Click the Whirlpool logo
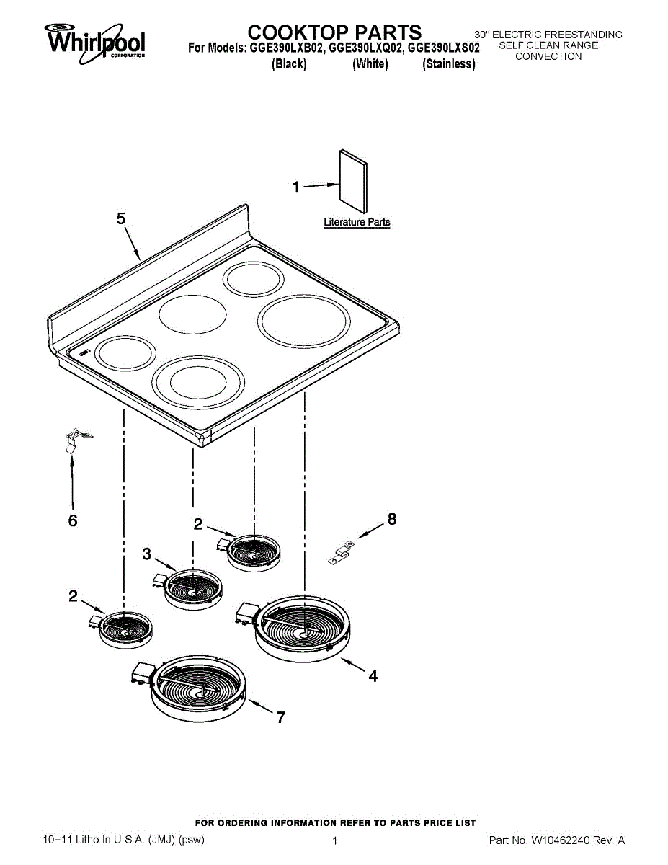click(94, 43)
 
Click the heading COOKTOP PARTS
click(334, 32)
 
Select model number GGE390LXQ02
click(365, 48)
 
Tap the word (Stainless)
click(449, 63)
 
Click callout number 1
click(296, 187)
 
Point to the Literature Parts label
click(357, 222)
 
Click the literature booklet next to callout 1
click(353, 182)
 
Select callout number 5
click(121, 218)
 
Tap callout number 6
click(73, 520)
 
